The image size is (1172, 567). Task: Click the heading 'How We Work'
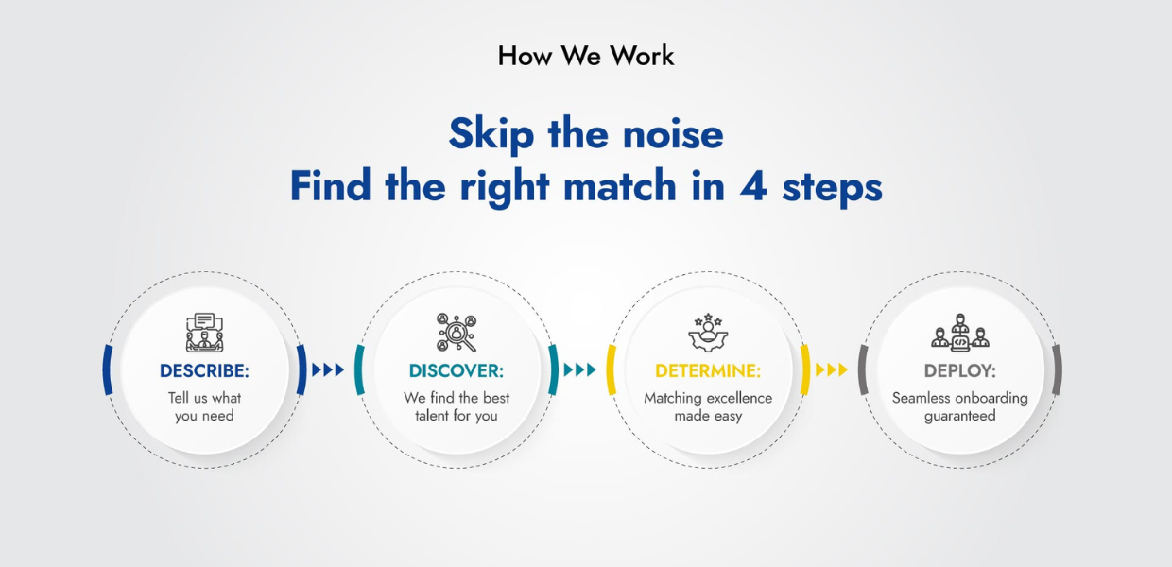[x=586, y=56]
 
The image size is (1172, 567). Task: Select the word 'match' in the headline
[x=619, y=185]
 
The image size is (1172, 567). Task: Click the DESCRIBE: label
[x=204, y=370]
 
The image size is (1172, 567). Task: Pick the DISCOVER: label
[x=457, y=370]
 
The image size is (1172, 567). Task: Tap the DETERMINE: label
[x=708, y=370]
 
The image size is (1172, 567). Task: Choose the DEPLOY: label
[x=960, y=370]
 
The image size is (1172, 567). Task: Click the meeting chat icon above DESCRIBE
[x=204, y=333]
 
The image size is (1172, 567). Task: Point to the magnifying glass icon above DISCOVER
[x=457, y=333]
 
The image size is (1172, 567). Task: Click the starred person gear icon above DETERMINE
[x=708, y=333]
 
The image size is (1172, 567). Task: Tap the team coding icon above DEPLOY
[x=960, y=333]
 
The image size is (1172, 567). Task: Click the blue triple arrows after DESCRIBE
[x=328, y=369]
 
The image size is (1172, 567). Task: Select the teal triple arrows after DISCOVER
[x=579, y=369]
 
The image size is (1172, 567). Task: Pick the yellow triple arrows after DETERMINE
[x=832, y=369]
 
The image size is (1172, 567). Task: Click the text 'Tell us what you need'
[x=204, y=407]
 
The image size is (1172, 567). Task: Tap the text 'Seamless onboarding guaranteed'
[x=960, y=407]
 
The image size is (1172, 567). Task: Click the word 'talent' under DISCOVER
[x=433, y=416]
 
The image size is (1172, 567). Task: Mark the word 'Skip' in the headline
[x=491, y=134]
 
